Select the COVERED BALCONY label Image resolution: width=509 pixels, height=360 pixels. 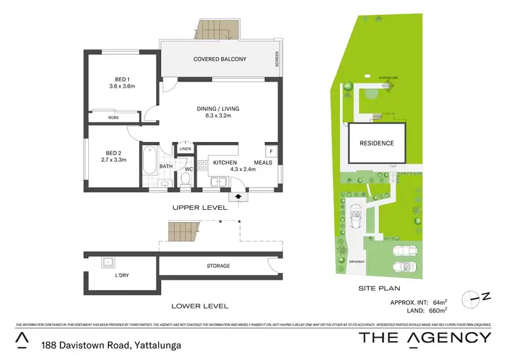coord(219,59)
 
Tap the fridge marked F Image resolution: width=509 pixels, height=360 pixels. coord(271,150)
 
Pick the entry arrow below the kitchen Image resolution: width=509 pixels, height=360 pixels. coord(239,196)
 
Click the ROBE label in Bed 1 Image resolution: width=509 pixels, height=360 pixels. coord(114,118)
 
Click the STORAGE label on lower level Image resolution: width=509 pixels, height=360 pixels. coord(219,266)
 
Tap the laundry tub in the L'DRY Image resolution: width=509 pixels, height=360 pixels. coord(108,262)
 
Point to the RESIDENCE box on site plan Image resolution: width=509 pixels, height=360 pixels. coord(376,143)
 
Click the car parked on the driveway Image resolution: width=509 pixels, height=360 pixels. coord(355,219)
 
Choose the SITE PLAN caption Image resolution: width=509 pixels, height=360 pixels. coord(378,288)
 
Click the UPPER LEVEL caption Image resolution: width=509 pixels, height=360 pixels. coord(199,207)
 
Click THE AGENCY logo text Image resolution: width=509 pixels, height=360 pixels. coord(424,337)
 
